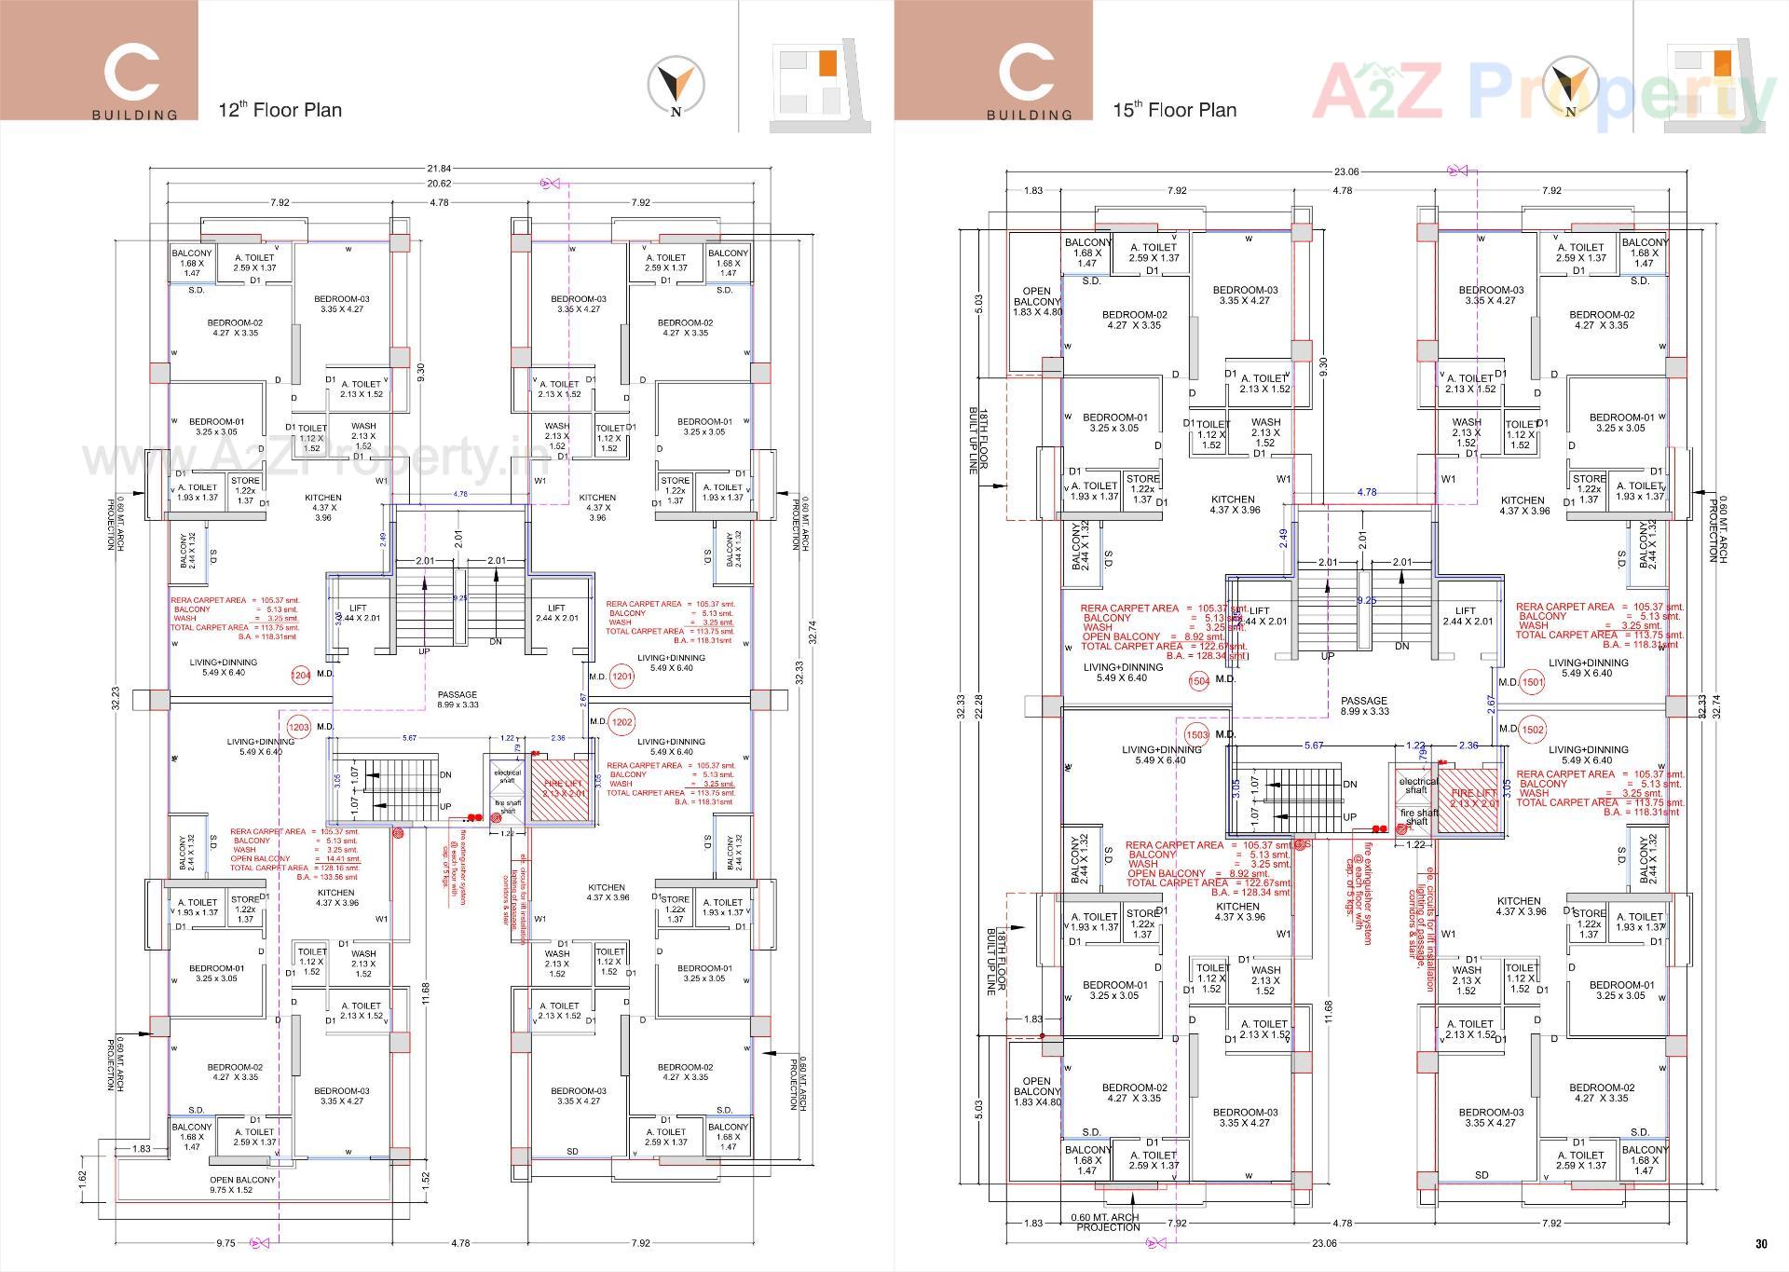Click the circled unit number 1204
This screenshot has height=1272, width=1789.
(x=300, y=676)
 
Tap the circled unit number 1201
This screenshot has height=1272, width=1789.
(x=621, y=677)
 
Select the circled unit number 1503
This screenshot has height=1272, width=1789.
(x=1196, y=734)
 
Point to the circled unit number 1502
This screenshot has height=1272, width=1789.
(x=1532, y=730)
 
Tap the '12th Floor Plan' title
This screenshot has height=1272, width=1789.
(x=280, y=110)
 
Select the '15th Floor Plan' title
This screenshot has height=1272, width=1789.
(x=1174, y=110)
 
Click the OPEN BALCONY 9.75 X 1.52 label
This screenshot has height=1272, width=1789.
(x=243, y=1184)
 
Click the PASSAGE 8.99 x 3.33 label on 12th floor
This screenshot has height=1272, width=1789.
(x=457, y=700)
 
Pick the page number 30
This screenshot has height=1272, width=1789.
(x=1761, y=1243)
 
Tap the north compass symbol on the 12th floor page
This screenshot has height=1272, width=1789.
(x=676, y=87)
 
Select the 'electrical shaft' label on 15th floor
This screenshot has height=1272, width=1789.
(x=1418, y=786)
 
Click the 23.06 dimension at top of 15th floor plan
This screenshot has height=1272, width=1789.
(x=1347, y=171)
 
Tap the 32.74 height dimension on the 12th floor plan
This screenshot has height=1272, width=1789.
(x=812, y=633)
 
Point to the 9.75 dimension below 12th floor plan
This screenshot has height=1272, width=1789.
(x=225, y=1243)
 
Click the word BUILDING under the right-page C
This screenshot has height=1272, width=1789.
(x=1030, y=115)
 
